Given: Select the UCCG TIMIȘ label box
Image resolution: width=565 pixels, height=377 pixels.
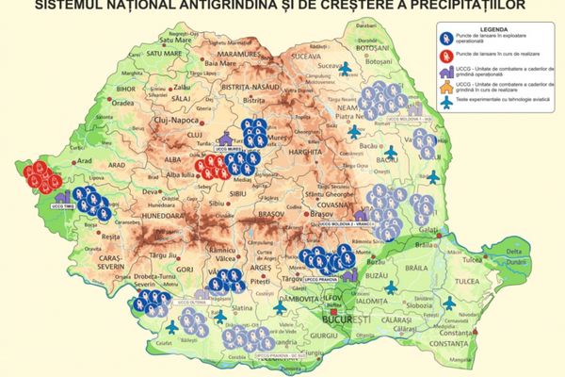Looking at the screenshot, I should pyautogui.click(x=63, y=205).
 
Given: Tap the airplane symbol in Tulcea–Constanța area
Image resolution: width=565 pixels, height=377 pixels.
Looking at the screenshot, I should pyautogui.click(x=450, y=301).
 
